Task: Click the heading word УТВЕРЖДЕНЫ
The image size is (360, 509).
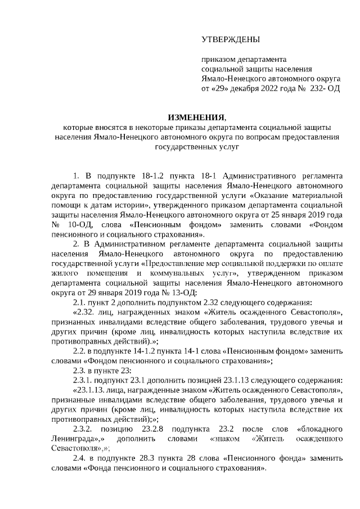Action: (231, 39)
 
